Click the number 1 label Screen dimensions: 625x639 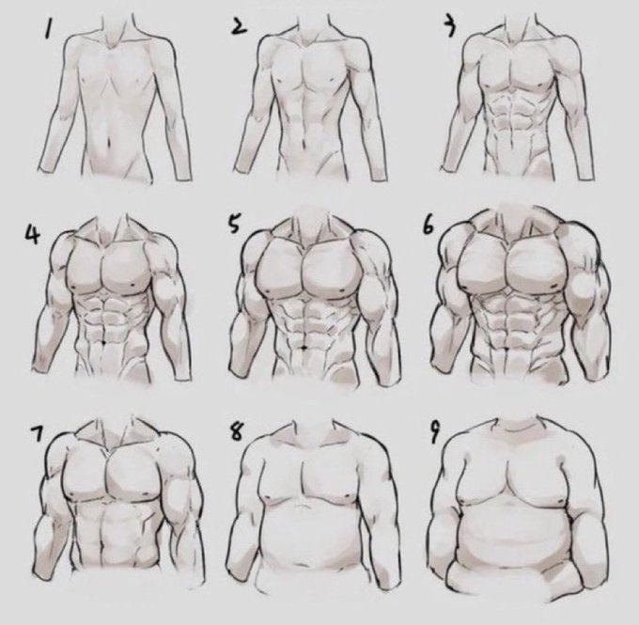pyautogui.click(x=44, y=38)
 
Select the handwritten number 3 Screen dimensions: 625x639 pyautogui.click(x=450, y=28)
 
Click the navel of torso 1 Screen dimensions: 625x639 pyautogui.click(x=116, y=143)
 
